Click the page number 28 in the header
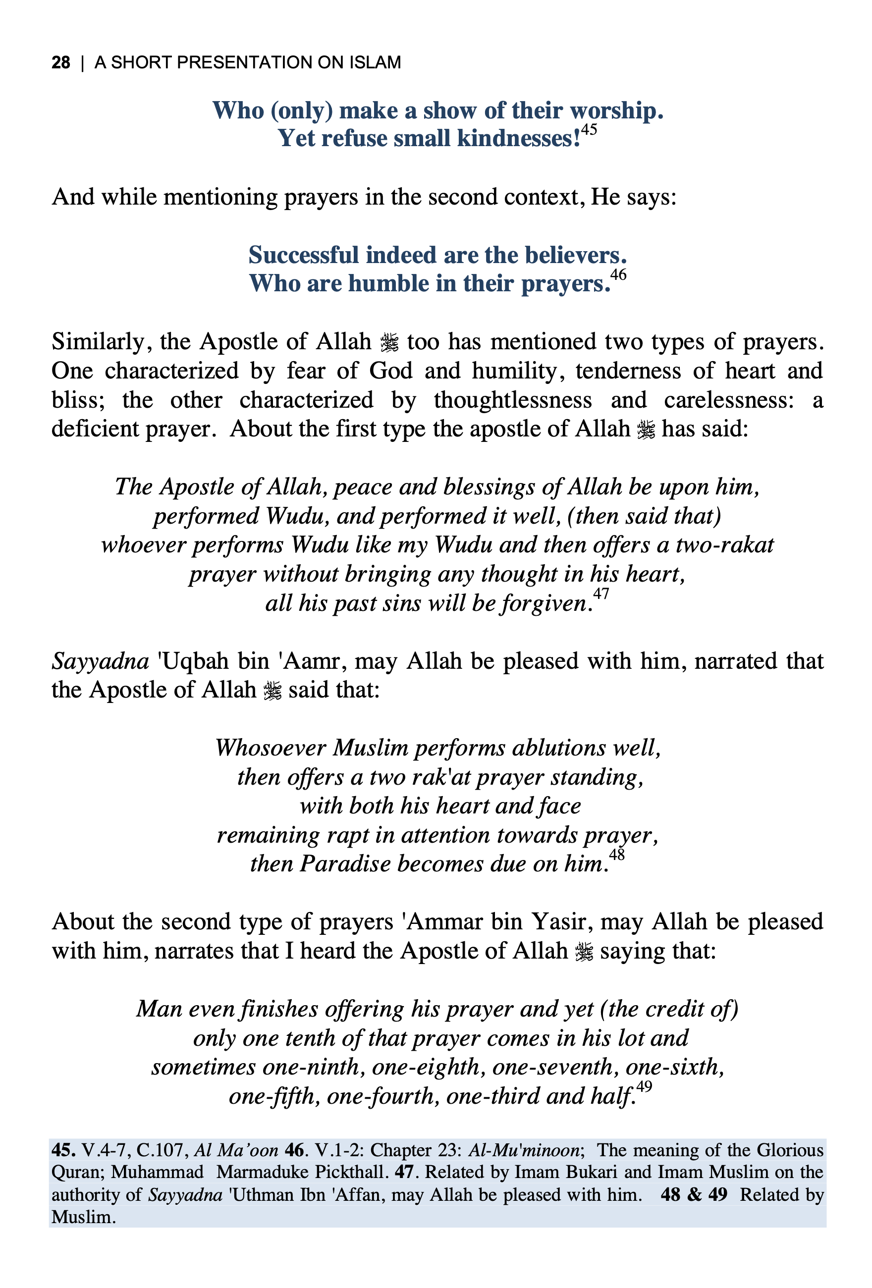coord(60,62)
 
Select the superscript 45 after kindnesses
coord(589,130)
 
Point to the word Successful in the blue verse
coord(303,256)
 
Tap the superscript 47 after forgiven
coord(601,594)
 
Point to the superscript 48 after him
coord(616,855)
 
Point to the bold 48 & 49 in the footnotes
coord(694,1194)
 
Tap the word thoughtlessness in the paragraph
coord(513,400)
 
